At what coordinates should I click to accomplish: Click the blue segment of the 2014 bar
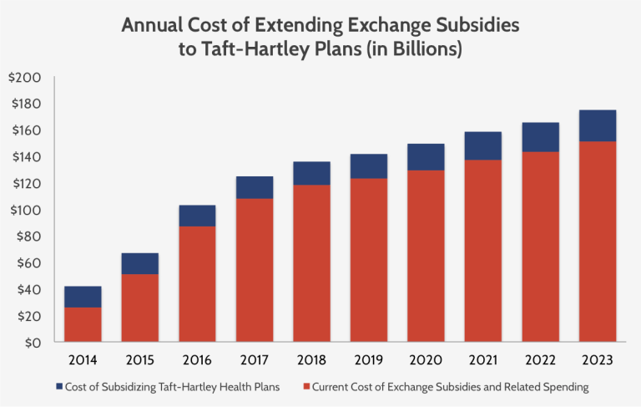click(83, 297)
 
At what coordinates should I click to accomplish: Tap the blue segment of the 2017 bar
click(255, 187)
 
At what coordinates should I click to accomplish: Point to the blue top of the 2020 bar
click(426, 157)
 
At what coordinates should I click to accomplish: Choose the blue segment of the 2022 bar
click(540, 137)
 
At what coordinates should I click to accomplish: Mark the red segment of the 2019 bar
click(369, 260)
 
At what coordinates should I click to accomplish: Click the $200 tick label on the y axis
click(24, 78)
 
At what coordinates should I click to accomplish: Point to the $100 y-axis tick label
click(24, 210)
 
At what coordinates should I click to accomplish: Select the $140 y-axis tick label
click(24, 157)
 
